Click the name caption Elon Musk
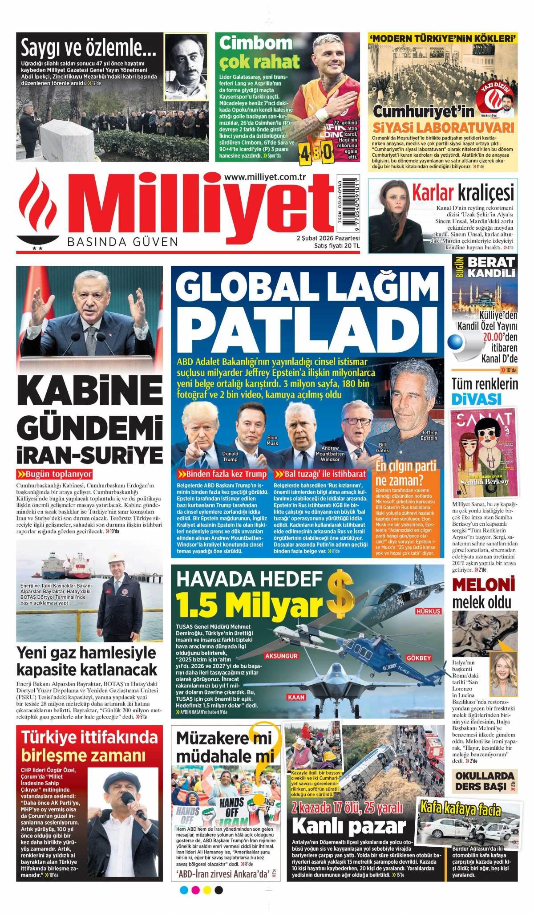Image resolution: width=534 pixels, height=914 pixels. [272, 441]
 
